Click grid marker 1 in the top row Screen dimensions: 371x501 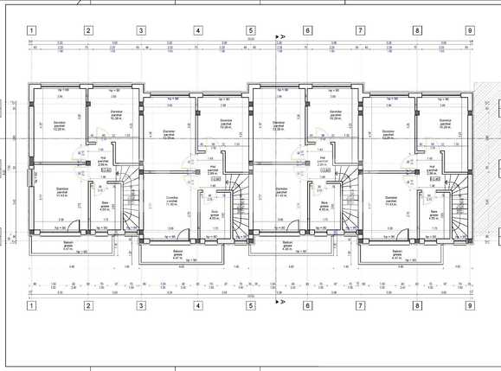[x=31, y=30]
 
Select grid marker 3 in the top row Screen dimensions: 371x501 [x=140, y=30]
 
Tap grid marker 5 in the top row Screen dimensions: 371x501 [x=251, y=30]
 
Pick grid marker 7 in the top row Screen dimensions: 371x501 [x=360, y=30]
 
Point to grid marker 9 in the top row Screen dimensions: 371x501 [x=470, y=30]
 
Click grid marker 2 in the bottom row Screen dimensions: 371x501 [x=87, y=304]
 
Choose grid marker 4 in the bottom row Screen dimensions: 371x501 [x=197, y=304]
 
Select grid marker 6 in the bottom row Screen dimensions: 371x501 [x=306, y=304]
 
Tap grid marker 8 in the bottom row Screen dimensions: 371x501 [x=417, y=304]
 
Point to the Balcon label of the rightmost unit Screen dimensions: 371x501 [x=396, y=255]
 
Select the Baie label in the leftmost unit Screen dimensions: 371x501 [x=106, y=206]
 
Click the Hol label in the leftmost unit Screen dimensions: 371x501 [x=103, y=162]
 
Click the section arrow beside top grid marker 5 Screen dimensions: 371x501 [x=279, y=37]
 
